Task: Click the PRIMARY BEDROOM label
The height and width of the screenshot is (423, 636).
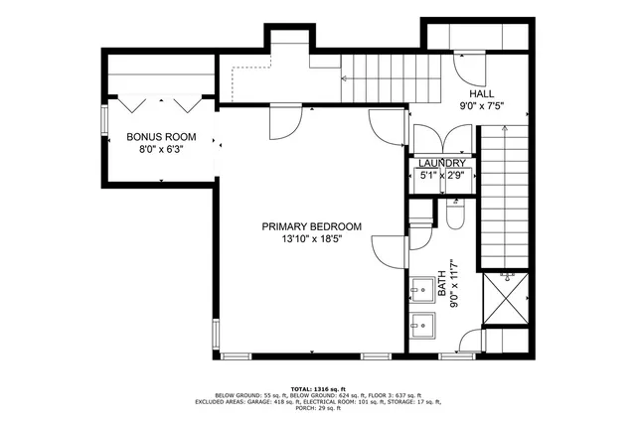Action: (311, 226)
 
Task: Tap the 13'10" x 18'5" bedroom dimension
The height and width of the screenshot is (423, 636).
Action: (311, 239)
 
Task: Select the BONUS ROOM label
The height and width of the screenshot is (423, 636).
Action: (161, 137)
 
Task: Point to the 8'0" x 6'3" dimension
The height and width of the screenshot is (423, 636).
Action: (161, 150)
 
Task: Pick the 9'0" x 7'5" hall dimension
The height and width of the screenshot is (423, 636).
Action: (482, 105)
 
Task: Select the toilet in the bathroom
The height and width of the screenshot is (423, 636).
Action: (456, 214)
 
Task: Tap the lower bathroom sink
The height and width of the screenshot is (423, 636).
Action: (424, 324)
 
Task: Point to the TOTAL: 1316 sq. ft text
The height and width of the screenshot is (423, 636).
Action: (318, 387)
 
